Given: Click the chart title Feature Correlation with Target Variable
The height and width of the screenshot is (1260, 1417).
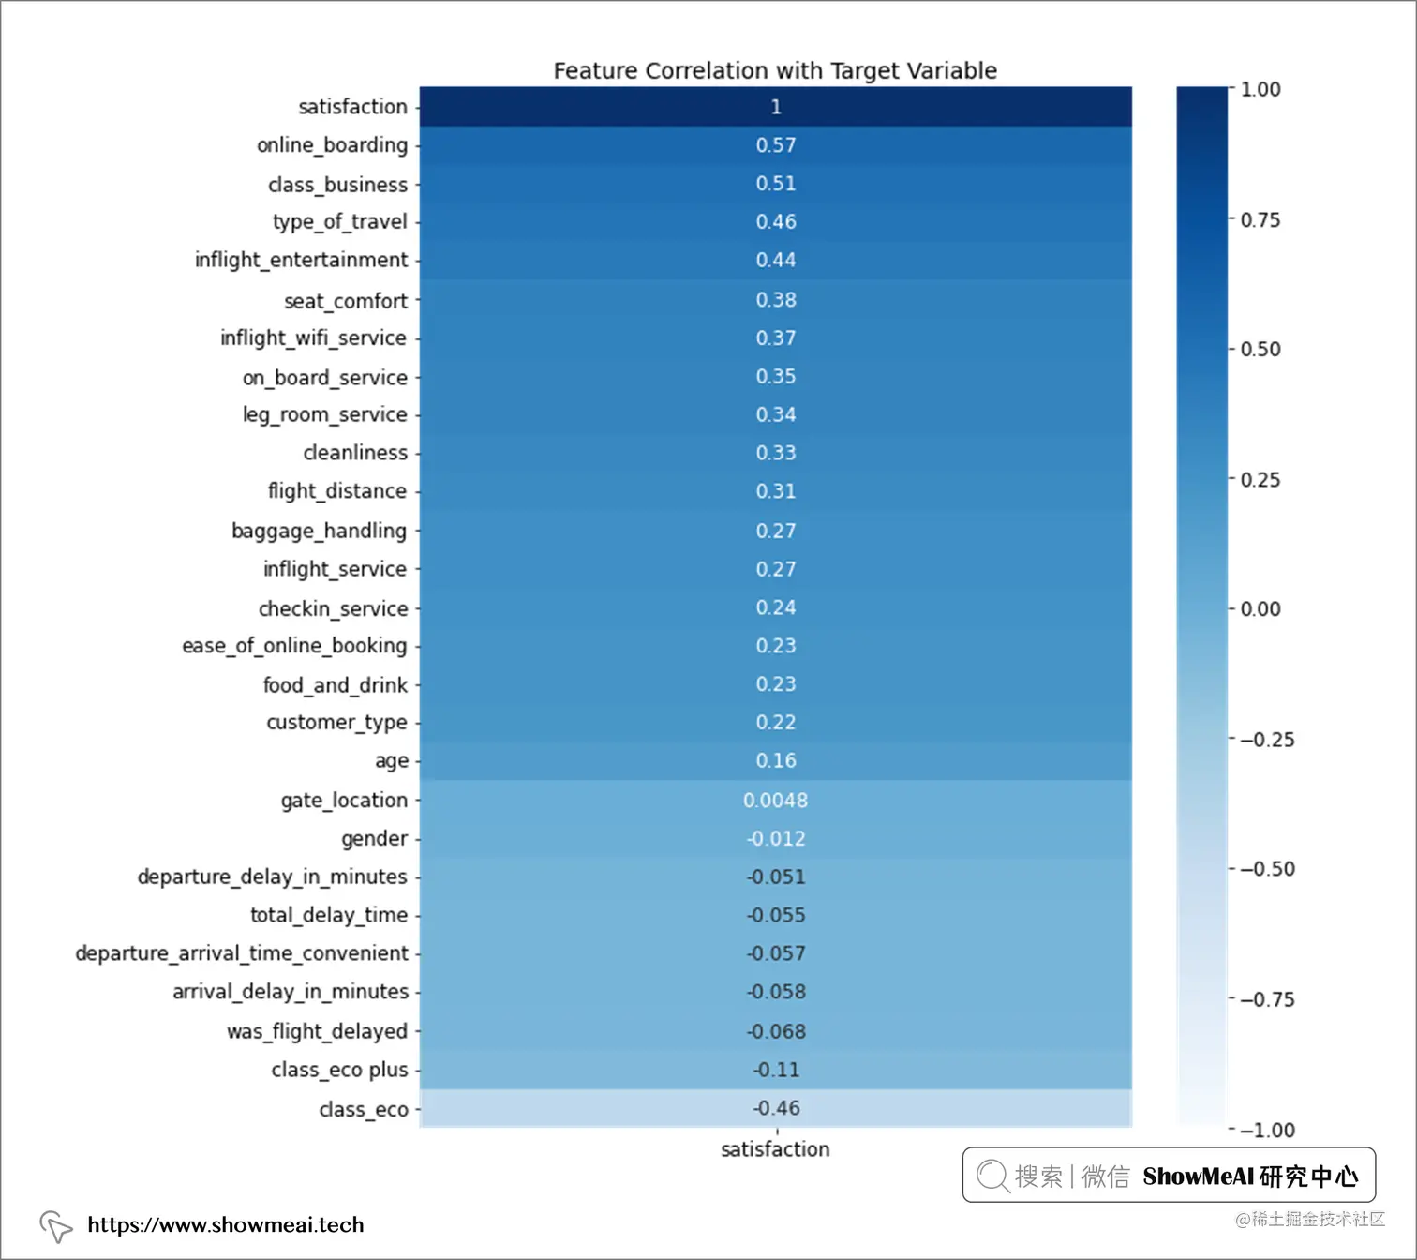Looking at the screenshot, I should (775, 70).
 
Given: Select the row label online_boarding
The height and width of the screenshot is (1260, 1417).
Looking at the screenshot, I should (333, 145).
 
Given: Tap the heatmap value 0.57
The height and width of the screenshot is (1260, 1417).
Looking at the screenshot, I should (776, 145).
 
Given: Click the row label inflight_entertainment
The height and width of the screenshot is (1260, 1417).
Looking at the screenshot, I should (301, 260).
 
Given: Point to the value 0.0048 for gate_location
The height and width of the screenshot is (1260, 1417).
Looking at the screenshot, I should (775, 800).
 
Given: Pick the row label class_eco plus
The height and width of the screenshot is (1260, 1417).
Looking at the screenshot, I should (339, 1070).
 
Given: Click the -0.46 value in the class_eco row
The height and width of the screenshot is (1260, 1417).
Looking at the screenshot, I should (776, 1108).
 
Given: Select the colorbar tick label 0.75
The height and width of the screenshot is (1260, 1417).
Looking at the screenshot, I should (1260, 220).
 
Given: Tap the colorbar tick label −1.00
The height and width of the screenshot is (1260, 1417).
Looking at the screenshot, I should (1267, 1130).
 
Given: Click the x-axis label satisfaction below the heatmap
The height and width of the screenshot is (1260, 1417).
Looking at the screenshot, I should (775, 1149).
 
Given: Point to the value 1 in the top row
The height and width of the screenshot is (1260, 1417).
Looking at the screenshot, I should (776, 107).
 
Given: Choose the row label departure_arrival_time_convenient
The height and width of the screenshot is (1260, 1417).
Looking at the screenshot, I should (242, 953).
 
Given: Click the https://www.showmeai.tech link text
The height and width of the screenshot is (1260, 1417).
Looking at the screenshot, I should (225, 1224).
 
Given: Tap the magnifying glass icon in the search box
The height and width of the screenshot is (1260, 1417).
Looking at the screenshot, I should (992, 1176).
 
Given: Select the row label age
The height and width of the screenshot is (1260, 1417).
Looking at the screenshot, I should (392, 760).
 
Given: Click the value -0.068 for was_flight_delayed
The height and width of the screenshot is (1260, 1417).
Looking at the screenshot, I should (776, 1031).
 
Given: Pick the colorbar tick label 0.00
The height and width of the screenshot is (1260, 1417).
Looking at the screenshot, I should (1260, 609).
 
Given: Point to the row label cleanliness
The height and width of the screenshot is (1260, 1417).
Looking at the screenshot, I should (355, 453).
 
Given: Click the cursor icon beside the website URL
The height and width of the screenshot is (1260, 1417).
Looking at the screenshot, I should (55, 1225).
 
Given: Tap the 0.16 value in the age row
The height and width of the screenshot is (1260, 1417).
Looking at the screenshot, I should (776, 760).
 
